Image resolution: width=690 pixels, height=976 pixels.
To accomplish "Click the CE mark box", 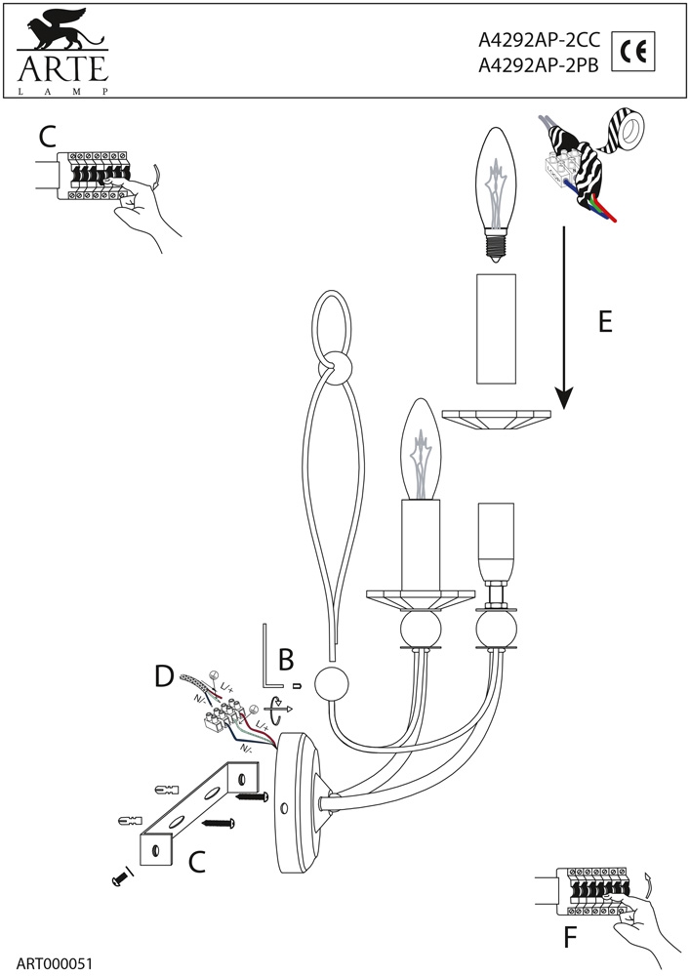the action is pos(633,51).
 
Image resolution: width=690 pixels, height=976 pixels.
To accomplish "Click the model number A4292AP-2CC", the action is pos(539,40).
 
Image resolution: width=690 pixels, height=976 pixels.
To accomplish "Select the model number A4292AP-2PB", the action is pos(538,65).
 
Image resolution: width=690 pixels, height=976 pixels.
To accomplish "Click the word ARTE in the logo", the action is pos(62,68).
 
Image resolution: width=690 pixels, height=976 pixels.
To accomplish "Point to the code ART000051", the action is pos(54,963).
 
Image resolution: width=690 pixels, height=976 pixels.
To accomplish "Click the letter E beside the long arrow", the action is pos(605,322).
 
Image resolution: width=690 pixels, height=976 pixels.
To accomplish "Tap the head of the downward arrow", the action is pos(564,398).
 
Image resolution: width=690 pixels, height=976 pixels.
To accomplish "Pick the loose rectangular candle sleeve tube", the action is pos(497,329).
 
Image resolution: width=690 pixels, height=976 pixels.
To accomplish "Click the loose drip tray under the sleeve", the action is pos(497,420).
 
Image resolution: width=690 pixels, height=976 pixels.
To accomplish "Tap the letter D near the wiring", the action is pos(164,675).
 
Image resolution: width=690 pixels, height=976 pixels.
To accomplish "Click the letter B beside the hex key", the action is pos(286,660).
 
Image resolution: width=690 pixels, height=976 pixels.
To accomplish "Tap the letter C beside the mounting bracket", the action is pos(196,862).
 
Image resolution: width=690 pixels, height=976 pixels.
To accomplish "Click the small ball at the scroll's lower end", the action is pos(332,685).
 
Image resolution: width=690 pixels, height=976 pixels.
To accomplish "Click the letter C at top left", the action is pos(47,137).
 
